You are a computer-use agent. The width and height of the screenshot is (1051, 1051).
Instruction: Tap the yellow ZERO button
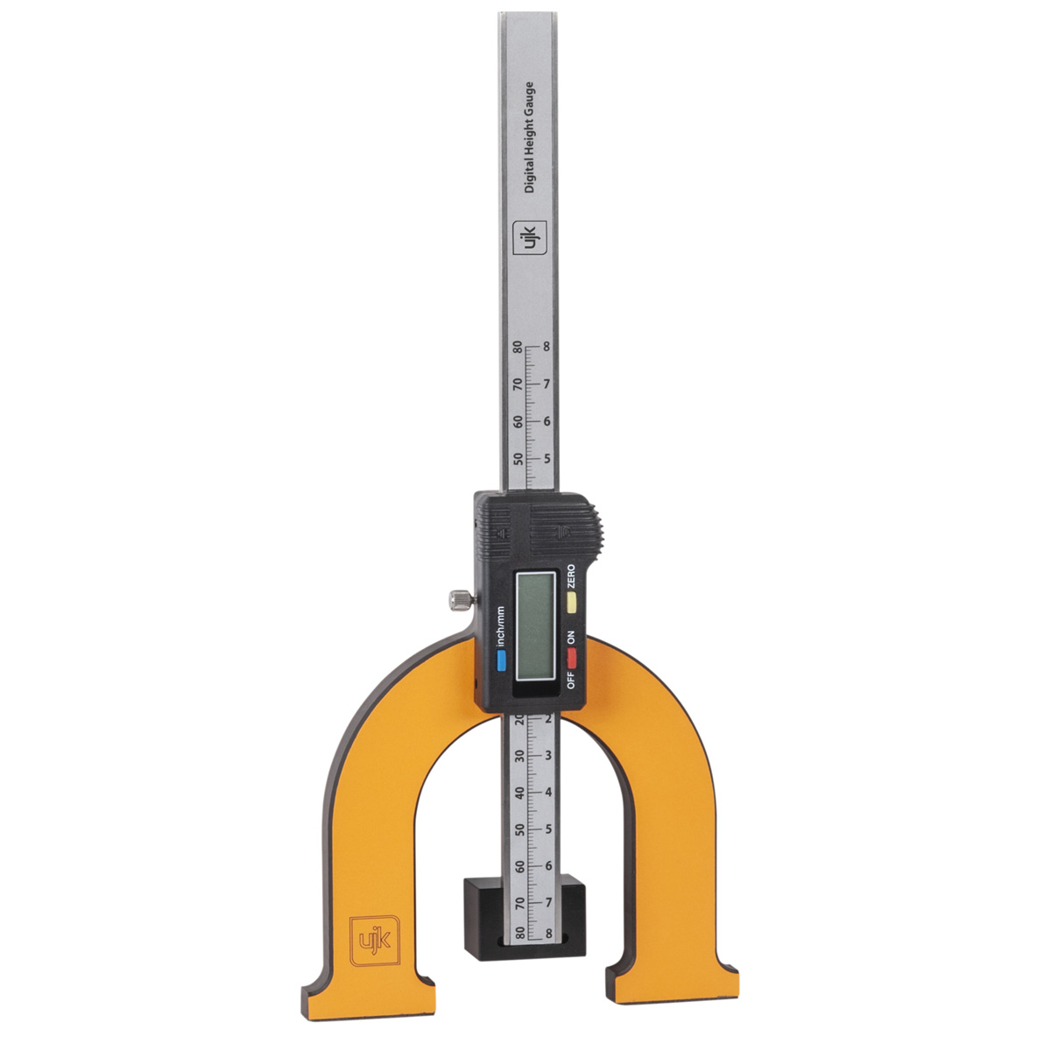(572, 603)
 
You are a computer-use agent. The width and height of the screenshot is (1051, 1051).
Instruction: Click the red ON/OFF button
(572, 659)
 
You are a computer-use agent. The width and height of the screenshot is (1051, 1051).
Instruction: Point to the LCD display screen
(536, 627)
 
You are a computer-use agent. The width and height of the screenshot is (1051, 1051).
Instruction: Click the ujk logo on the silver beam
(530, 238)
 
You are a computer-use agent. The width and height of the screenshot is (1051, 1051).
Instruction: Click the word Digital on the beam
(528, 174)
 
